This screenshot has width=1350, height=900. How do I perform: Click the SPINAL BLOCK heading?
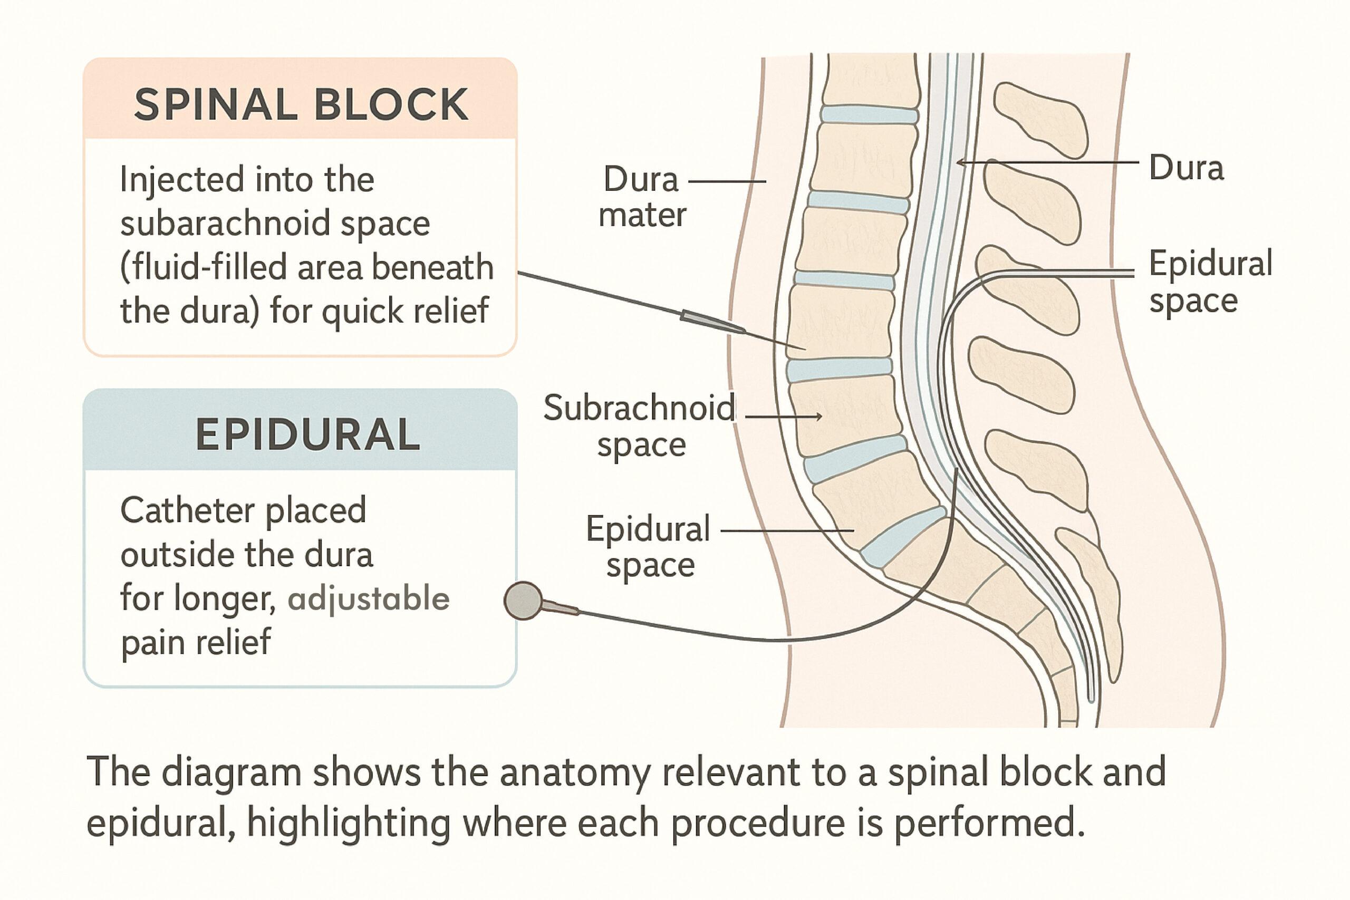(x=301, y=104)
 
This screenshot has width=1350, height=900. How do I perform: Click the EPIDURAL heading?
(x=307, y=434)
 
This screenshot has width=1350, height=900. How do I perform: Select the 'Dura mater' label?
(x=642, y=197)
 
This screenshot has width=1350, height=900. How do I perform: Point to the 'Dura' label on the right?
(x=1186, y=168)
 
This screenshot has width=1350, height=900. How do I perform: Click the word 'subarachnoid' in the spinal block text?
(x=225, y=225)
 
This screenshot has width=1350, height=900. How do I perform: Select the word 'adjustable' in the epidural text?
(x=369, y=599)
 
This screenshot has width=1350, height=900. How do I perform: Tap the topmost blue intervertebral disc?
(x=868, y=114)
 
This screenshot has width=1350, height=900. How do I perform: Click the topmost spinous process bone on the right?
(x=1040, y=119)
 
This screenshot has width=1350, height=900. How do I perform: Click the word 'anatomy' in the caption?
(x=574, y=772)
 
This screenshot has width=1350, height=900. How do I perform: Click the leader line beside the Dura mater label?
(x=727, y=182)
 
